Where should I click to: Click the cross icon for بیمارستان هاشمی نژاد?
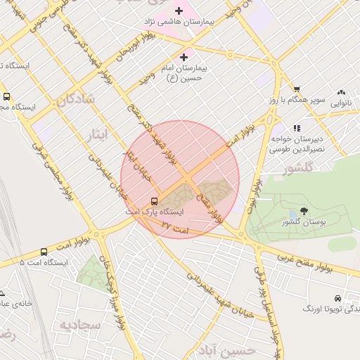click(x=179, y=11)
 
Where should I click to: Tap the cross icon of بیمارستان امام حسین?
click(x=184, y=57)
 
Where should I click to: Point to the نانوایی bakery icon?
click(x=342, y=92)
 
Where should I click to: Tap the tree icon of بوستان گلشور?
click(x=304, y=210)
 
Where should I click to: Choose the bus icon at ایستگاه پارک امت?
click(x=154, y=200)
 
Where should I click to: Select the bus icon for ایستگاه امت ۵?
click(x=44, y=251)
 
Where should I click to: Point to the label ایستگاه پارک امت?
click(x=162, y=211)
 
